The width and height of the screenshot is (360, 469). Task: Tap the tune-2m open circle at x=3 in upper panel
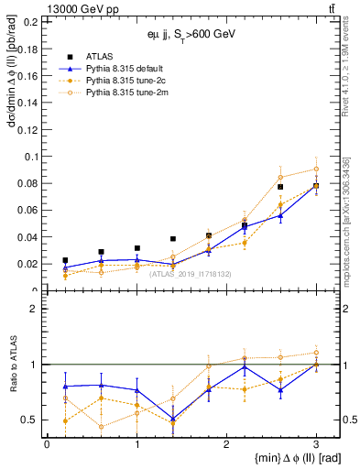point(316,169)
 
